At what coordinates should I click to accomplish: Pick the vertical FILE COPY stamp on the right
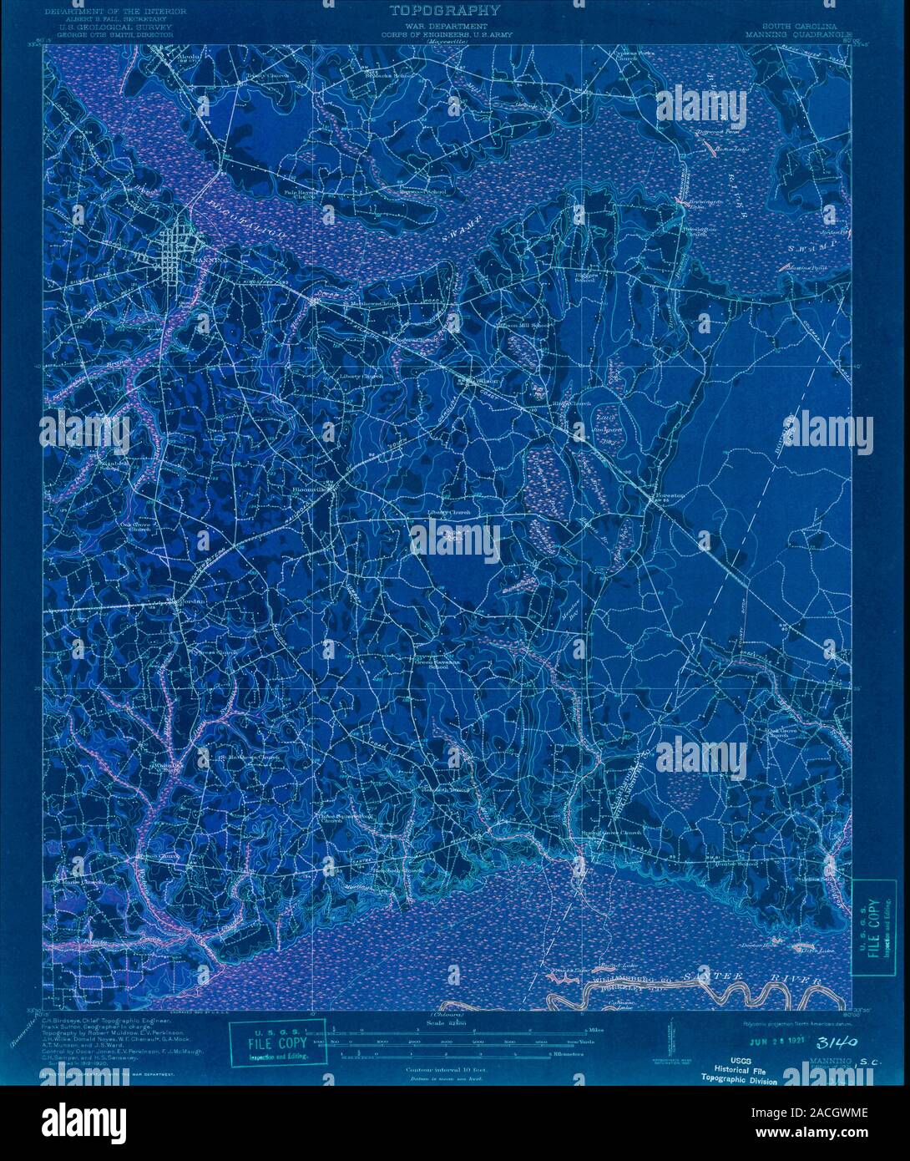[872, 929]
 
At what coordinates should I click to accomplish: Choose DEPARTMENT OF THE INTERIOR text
[108, 12]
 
